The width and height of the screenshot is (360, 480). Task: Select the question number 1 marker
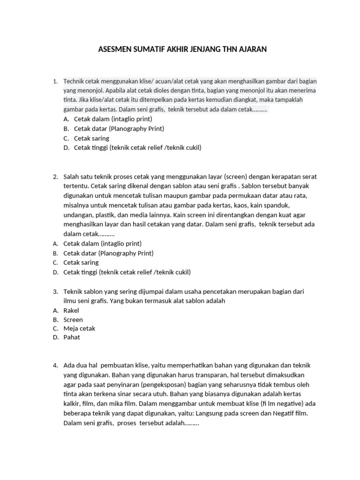tap(55, 81)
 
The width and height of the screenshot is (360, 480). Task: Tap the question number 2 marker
tap(55, 177)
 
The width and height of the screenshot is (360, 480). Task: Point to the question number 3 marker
tap(55, 292)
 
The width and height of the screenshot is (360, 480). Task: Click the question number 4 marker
tap(55, 365)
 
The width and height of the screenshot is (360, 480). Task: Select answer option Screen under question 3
tap(73, 320)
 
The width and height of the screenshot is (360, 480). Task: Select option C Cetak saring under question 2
tap(81, 262)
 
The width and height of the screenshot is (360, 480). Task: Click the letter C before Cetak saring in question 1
tap(66, 138)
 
